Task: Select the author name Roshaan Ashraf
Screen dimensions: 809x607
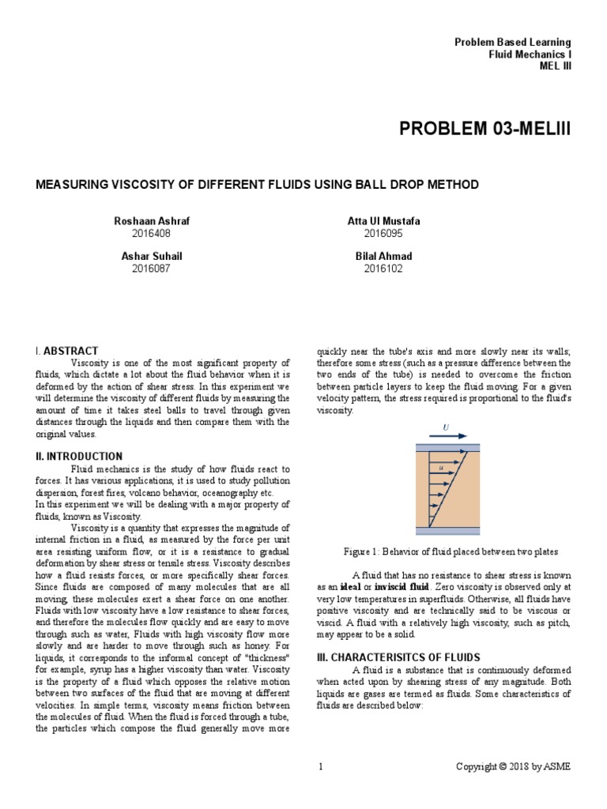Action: (152, 221)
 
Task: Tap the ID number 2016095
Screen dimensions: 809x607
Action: (383, 233)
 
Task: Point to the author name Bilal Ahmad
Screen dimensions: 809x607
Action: (384, 257)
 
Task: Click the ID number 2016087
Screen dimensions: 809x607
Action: (151, 269)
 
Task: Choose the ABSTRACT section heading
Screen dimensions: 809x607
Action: (70, 351)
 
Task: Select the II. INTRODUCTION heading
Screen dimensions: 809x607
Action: (80, 457)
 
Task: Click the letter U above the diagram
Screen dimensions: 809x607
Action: (446, 427)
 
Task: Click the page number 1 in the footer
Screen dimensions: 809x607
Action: (321, 766)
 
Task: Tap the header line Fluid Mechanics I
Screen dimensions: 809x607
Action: (530, 54)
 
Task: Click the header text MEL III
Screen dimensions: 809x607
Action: (554, 66)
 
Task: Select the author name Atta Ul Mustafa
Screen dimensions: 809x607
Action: (384, 221)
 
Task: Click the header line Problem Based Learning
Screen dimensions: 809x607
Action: (512, 42)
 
